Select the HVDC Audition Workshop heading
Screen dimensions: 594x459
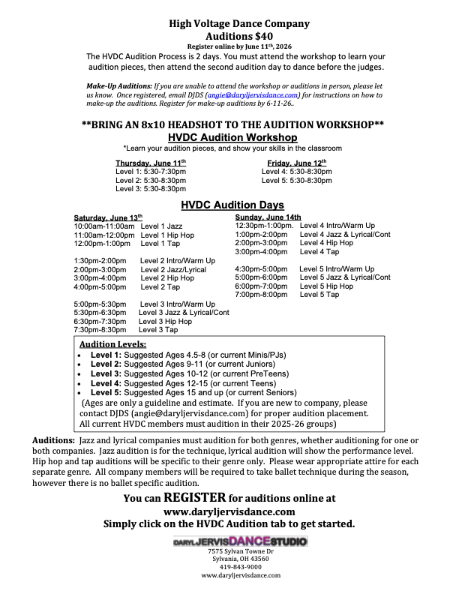tap(232, 138)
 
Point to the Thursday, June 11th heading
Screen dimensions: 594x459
tap(151, 163)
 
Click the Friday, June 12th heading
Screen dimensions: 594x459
tap(297, 163)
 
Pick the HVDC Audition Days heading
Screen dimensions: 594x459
tap(232, 205)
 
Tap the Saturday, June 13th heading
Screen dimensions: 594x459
tap(106, 217)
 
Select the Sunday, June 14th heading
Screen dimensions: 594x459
tap(268, 217)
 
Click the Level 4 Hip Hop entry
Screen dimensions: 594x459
tap(326, 243)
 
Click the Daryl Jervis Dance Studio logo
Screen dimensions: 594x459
tap(238, 541)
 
